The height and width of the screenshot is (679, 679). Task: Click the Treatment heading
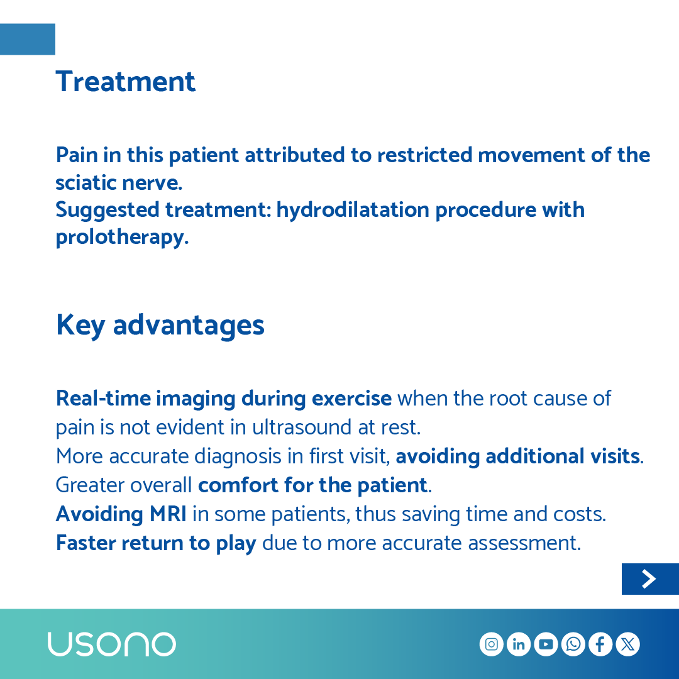pos(126,82)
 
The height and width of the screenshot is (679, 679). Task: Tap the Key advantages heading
pos(160,325)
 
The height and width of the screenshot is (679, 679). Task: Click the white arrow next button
pos(649,579)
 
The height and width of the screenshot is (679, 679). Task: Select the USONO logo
pos(111,644)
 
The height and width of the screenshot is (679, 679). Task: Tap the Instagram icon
pos(492,644)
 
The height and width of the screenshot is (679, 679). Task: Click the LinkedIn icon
pos(519,644)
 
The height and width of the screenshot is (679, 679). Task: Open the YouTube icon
pos(546,644)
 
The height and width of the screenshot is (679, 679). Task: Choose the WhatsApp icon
pos(573,644)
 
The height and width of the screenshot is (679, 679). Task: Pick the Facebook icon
pos(600,644)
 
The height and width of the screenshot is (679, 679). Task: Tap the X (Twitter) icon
pos(627,644)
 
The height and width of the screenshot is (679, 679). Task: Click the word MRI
pos(168,514)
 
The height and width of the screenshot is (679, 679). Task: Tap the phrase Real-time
pos(103,399)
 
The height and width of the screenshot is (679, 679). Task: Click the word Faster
pos(86,543)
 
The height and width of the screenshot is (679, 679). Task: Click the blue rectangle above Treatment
pos(28,39)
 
